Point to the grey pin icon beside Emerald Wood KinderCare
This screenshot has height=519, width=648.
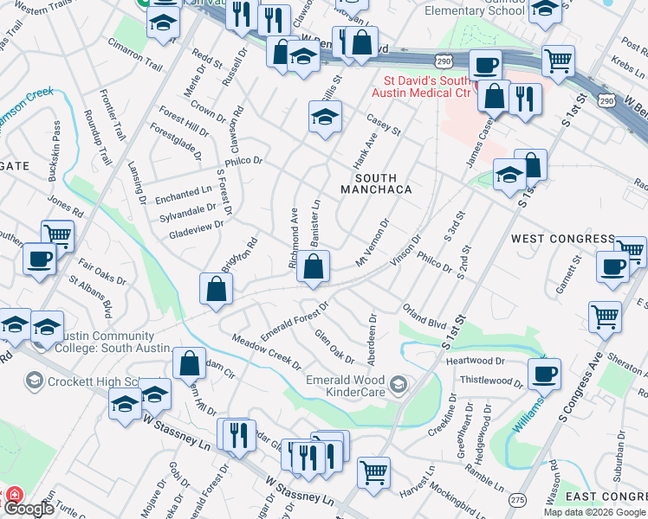[398, 383]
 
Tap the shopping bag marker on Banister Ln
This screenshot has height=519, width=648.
[313, 269]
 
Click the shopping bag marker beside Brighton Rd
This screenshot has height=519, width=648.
[215, 292]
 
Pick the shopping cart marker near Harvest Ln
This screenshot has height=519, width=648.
[373, 472]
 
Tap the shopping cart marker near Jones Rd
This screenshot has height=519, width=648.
[57, 234]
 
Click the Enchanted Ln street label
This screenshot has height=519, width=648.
[184, 195]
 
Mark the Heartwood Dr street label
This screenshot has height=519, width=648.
[475, 360]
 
